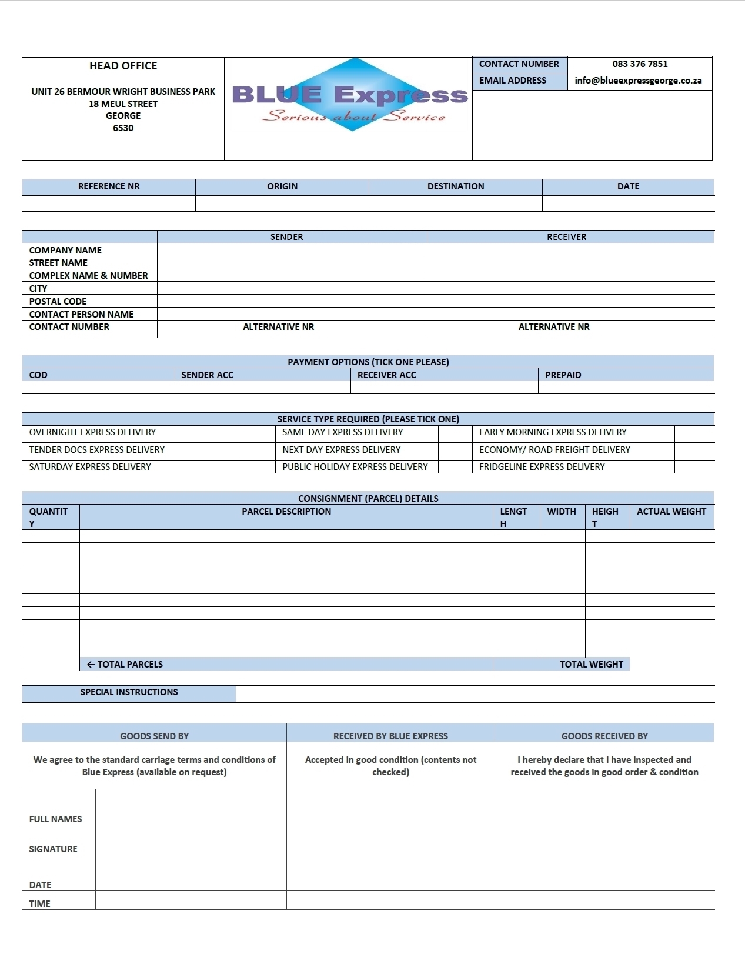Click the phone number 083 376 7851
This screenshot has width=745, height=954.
coord(640,64)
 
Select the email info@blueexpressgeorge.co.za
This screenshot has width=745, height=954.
coord(638,81)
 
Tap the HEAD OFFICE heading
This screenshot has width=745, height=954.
coord(123,66)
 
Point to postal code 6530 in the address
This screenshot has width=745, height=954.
coord(123,128)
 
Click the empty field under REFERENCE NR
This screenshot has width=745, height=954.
coord(109,204)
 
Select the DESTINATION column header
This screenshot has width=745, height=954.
coord(456,186)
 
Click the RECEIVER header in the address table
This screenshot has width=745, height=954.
coord(566,237)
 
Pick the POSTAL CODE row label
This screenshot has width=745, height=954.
coord(58,302)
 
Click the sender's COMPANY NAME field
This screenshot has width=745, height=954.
coord(292,250)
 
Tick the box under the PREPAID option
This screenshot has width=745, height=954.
coord(626,388)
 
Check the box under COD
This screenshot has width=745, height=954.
coord(98,388)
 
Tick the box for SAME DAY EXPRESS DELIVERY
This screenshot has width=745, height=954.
coord(455,433)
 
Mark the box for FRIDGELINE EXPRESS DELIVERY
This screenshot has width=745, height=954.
coord(694,467)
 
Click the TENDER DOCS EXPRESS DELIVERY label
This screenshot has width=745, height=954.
coord(97,450)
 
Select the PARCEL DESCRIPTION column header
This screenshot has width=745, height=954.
coord(286,512)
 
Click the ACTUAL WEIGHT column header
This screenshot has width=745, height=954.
coord(671,512)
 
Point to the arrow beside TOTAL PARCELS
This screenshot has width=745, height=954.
coord(91,665)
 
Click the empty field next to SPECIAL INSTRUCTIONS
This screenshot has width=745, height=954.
coord(475,693)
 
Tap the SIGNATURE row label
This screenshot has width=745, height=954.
coord(53,849)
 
